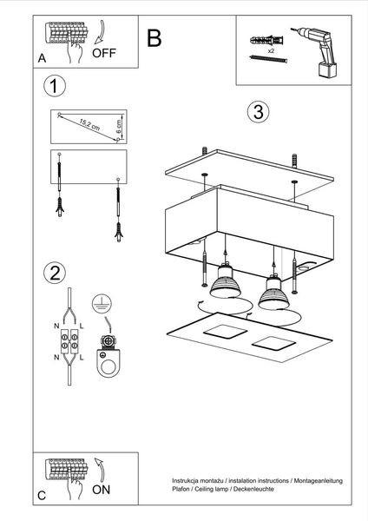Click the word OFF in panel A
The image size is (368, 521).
(104, 52)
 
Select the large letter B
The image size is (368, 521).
(154, 38)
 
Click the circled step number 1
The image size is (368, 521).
(55, 86)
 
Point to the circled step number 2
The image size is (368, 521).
(55, 273)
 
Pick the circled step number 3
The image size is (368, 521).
(256, 113)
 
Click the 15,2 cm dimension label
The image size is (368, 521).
(84, 123)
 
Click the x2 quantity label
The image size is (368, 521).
(270, 52)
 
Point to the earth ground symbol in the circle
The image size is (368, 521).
(102, 301)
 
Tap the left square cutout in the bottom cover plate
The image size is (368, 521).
(222, 334)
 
